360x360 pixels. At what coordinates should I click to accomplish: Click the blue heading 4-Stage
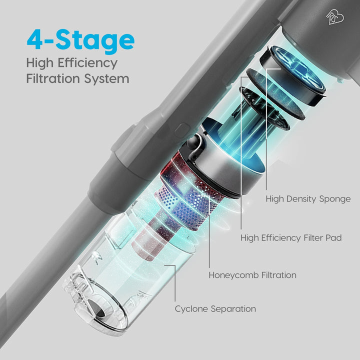(x=80, y=40)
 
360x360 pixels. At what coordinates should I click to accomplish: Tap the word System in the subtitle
(x=106, y=79)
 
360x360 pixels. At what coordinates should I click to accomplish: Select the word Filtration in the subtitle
(x=53, y=78)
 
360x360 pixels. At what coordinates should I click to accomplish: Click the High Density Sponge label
(x=308, y=199)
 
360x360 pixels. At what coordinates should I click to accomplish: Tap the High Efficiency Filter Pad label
(x=291, y=237)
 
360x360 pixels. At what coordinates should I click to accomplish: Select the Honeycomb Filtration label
(x=252, y=275)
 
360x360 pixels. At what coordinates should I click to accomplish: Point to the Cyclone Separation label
(x=215, y=309)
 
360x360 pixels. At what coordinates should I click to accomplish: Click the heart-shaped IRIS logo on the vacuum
(x=335, y=17)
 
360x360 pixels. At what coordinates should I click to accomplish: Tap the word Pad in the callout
(x=334, y=237)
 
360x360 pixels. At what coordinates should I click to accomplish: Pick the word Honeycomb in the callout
(x=233, y=275)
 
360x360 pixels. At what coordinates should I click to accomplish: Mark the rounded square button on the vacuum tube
(x=181, y=130)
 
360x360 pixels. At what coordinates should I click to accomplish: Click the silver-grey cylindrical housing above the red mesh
(x=220, y=160)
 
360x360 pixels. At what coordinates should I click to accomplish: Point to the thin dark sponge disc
(x=275, y=94)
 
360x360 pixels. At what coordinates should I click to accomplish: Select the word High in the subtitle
(x=39, y=63)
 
